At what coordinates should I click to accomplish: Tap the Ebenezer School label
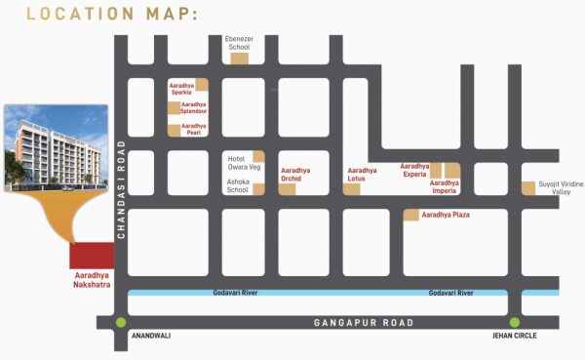(x=239, y=42)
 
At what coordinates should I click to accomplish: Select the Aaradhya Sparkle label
(x=181, y=86)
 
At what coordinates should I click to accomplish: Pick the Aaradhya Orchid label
(x=297, y=174)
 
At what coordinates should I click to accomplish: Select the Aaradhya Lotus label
(x=362, y=174)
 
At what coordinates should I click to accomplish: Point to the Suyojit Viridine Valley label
(x=561, y=187)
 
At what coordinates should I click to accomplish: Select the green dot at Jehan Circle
(x=513, y=323)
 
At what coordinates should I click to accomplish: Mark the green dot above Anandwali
(x=120, y=323)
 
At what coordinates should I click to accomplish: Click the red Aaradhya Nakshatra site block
(x=92, y=256)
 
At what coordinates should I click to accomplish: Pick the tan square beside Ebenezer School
(x=239, y=58)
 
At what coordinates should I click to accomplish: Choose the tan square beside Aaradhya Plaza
(x=410, y=214)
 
